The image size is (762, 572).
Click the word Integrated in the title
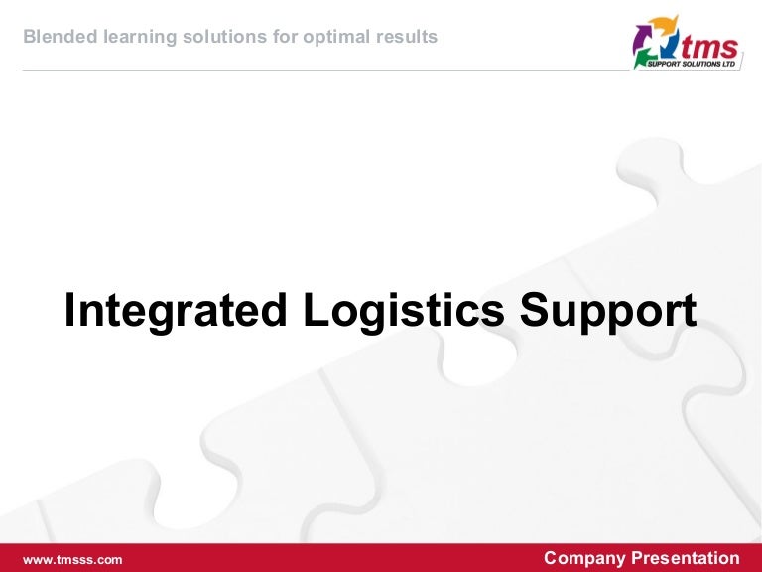point(176,311)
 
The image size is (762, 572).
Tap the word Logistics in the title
point(403,311)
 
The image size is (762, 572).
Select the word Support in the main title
point(608,311)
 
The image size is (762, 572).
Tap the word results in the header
point(408,38)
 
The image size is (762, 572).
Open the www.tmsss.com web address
point(72,559)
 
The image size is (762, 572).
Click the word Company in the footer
point(583,558)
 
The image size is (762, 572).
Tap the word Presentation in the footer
point(685,558)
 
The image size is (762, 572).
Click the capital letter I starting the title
point(70,311)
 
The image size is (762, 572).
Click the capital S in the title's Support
point(533,311)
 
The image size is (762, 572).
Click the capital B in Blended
point(28,38)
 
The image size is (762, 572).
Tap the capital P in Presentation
point(636,558)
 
